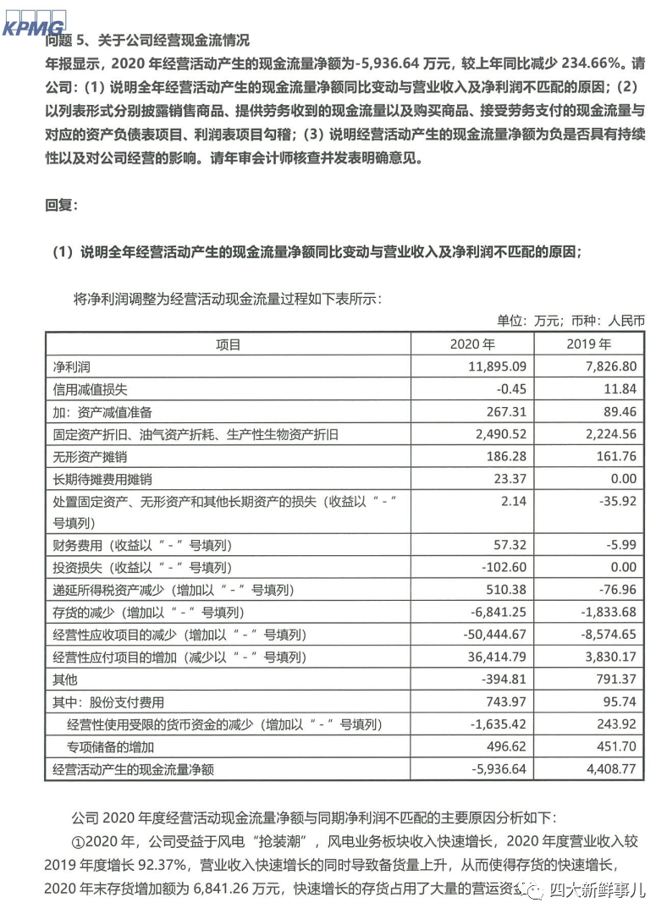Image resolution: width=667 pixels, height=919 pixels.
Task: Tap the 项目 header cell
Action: point(228,345)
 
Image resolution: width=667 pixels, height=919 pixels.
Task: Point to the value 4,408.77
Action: point(607,769)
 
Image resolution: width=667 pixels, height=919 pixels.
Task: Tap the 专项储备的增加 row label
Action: point(111,746)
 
